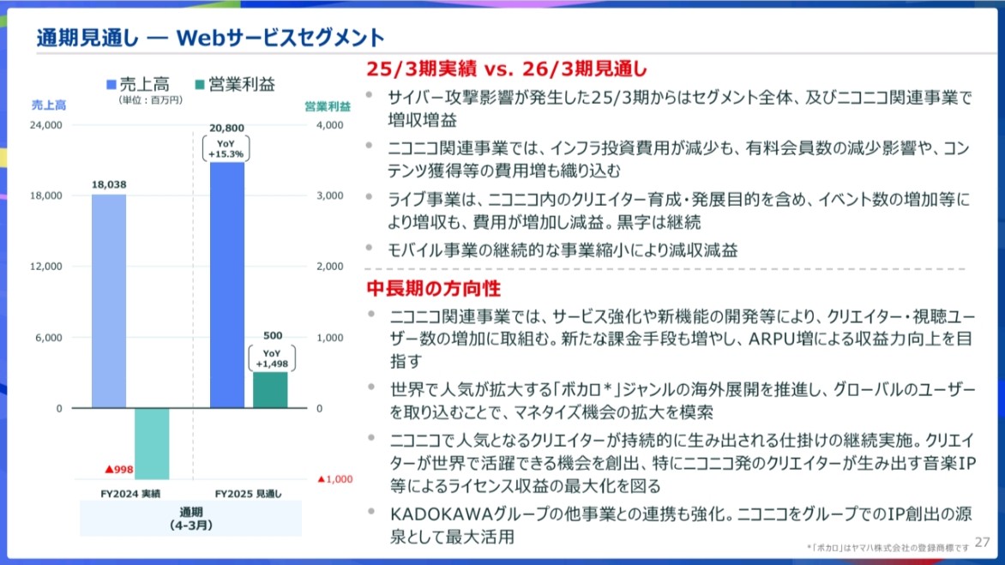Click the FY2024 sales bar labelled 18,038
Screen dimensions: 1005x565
click(x=109, y=301)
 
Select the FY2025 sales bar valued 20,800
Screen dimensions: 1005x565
click(x=227, y=285)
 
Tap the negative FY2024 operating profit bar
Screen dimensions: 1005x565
click(x=152, y=443)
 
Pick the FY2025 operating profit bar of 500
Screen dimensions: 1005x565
click(x=270, y=390)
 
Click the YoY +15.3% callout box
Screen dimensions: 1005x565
click(x=226, y=148)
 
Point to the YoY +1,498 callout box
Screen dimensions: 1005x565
click(x=272, y=358)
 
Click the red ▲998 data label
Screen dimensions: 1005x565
click(x=118, y=470)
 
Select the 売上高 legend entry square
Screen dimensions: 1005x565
click(x=111, y=85)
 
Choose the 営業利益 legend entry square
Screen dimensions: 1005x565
click(x=199, y=85)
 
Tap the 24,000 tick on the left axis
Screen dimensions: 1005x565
click(x=46, y=125)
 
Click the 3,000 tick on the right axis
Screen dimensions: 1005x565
click(x=329, y=195)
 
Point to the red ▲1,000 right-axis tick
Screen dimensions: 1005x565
click(x=335, y=479)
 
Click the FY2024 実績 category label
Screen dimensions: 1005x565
click(x=130, y=494)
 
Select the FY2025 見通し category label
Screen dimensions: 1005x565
click(x=248, y=494)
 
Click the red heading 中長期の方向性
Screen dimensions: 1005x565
click(x=433, y=288)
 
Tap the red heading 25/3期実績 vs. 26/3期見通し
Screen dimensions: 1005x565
click(x=506, y=69)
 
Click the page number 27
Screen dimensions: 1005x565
click(x=983, y=542)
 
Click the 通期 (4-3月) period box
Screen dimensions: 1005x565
click(x=190, y=518)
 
